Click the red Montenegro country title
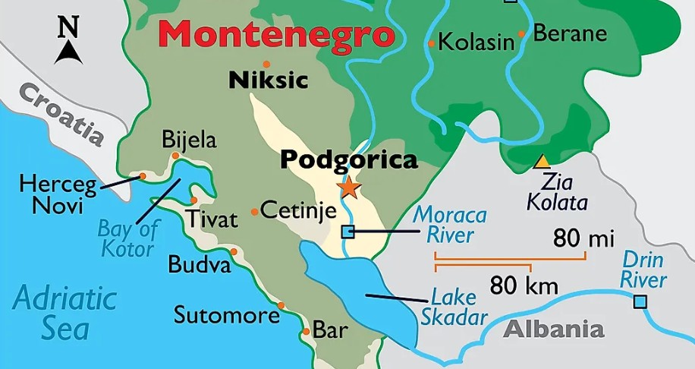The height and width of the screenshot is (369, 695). point(277,35)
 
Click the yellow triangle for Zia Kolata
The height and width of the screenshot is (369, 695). point(542,162)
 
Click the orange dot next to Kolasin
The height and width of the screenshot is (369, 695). point(431,44)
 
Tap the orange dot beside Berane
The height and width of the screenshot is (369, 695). point(521,33)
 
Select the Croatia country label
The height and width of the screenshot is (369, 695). point(61,114)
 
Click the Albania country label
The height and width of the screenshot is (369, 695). point(554,330)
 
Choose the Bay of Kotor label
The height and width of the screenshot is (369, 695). point(127,238)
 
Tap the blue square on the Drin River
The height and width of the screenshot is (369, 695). point(640,302)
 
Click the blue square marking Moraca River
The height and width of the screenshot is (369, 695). point(347,232)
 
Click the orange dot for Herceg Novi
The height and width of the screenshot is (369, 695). point(142,176)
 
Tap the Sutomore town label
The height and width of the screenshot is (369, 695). point(227,314)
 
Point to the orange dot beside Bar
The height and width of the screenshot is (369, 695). point(306,331)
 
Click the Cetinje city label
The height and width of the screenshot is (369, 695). point(297,210)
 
